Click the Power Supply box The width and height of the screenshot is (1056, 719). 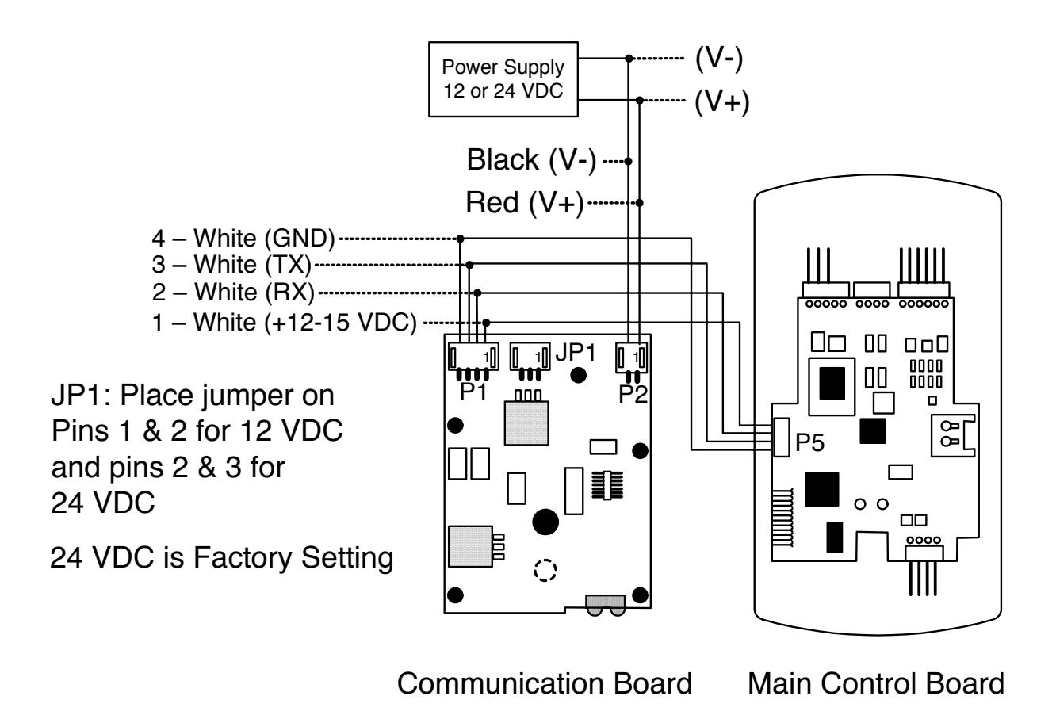point(503,79)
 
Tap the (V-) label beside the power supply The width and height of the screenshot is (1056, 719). point(719,59)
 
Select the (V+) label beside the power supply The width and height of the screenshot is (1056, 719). point(721,101)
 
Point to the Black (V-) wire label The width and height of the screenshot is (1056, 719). point(531,160)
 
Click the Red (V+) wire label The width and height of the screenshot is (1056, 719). point(525,203)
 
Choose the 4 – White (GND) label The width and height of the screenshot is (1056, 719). point(243,238)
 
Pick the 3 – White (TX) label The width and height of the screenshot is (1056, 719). point(231,265)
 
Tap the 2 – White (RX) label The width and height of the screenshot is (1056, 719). point(233,293)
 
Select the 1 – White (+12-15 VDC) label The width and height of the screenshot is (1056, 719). point(285,323)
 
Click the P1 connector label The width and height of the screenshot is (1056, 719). point(473,392)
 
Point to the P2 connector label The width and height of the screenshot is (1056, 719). point(633,394)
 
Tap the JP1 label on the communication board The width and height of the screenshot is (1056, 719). point(576,352)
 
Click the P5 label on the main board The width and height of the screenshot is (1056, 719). point(809,442)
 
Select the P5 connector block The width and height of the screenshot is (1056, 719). point(782,438)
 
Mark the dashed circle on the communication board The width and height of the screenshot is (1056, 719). point(545,570)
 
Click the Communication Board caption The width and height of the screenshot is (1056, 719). point(545,683)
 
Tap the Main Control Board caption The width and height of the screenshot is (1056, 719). point(876,683)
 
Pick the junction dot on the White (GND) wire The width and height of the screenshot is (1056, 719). point(460,239)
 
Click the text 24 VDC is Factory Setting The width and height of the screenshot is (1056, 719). point(221,558)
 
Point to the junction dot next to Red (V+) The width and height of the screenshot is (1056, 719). point(639,203)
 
